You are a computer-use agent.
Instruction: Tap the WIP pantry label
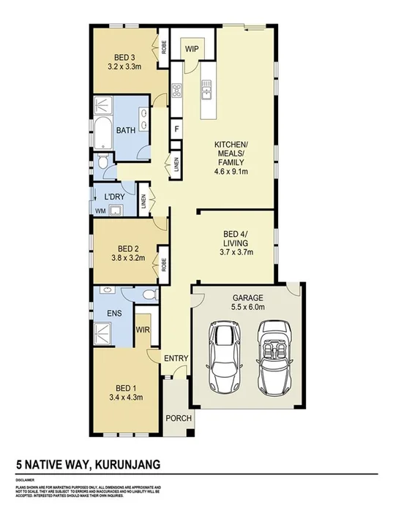coord(192,49)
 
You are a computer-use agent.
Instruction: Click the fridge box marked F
coord(176,130)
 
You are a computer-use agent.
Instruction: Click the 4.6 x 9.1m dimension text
coord(231,173)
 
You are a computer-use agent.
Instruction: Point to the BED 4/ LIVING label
coord(237,238)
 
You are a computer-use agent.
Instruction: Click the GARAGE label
coord(247,298)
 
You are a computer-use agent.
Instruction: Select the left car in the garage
coord(224,357)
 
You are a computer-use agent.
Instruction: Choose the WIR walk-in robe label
coord(143,330)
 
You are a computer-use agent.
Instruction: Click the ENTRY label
coord(176,358)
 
